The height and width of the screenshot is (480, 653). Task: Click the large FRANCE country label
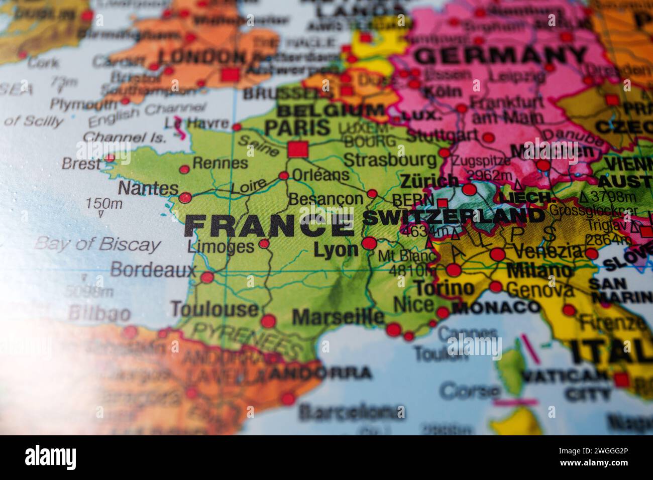tap(269, 225)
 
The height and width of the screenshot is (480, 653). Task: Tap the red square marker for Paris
tap(297, 149)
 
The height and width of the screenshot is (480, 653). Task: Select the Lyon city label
tap(336, 250)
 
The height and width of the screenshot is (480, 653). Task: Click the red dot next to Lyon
tap(369, 244)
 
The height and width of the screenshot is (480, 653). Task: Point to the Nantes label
tap(148, 189)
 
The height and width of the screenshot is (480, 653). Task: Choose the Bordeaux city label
tap(153, 270)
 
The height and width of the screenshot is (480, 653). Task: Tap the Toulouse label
tap(214, 308)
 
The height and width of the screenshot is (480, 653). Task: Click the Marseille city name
tap(338, 317)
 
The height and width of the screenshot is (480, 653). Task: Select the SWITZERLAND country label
tap(453, 217)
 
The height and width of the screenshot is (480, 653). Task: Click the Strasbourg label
tap(390, 160)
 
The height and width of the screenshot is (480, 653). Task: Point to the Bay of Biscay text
tap(98, 245)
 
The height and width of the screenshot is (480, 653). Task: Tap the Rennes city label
tap(220, 163)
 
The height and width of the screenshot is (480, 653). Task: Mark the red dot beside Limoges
tap(264, 245)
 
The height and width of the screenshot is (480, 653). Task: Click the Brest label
tap(81, 164)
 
